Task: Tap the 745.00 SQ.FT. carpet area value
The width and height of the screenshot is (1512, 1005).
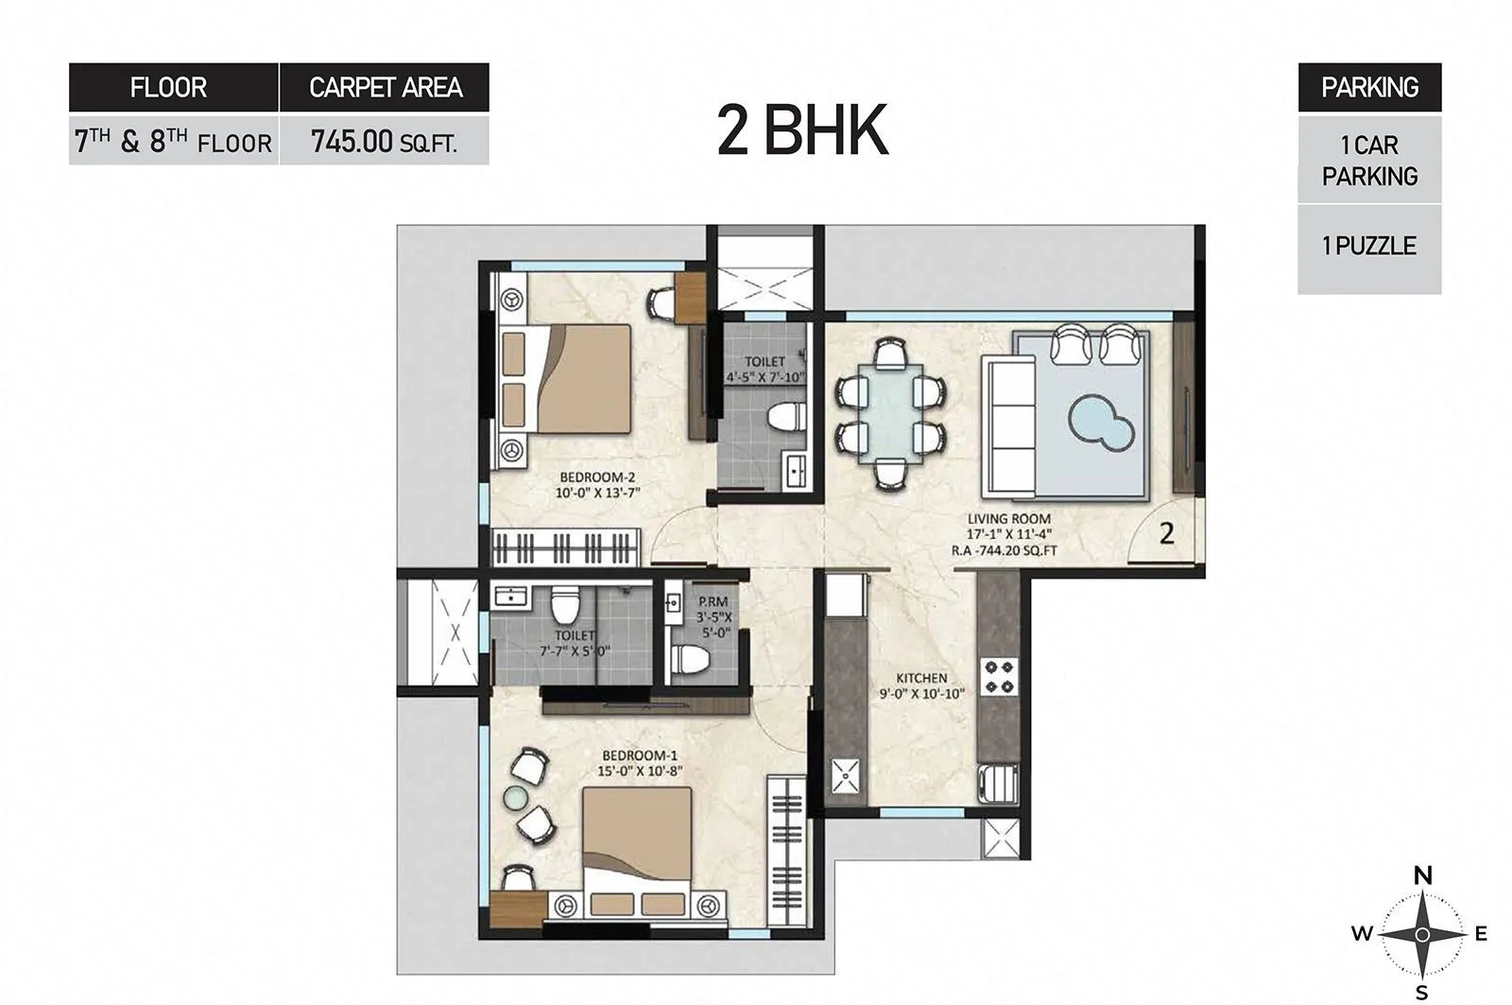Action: click(384, 142)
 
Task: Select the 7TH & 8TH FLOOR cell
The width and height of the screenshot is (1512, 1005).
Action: click(173, 142)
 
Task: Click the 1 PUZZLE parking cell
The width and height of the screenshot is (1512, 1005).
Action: click(1368, 247)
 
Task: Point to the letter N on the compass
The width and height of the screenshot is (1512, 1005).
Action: click(1421, 876)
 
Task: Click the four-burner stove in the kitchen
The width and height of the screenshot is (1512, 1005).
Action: click(999, 675)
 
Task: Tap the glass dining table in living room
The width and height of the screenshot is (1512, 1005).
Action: click(888, 414)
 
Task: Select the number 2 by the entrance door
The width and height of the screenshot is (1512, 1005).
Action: click(1167, 534)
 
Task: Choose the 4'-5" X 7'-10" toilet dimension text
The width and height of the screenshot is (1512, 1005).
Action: click(765, 377)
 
